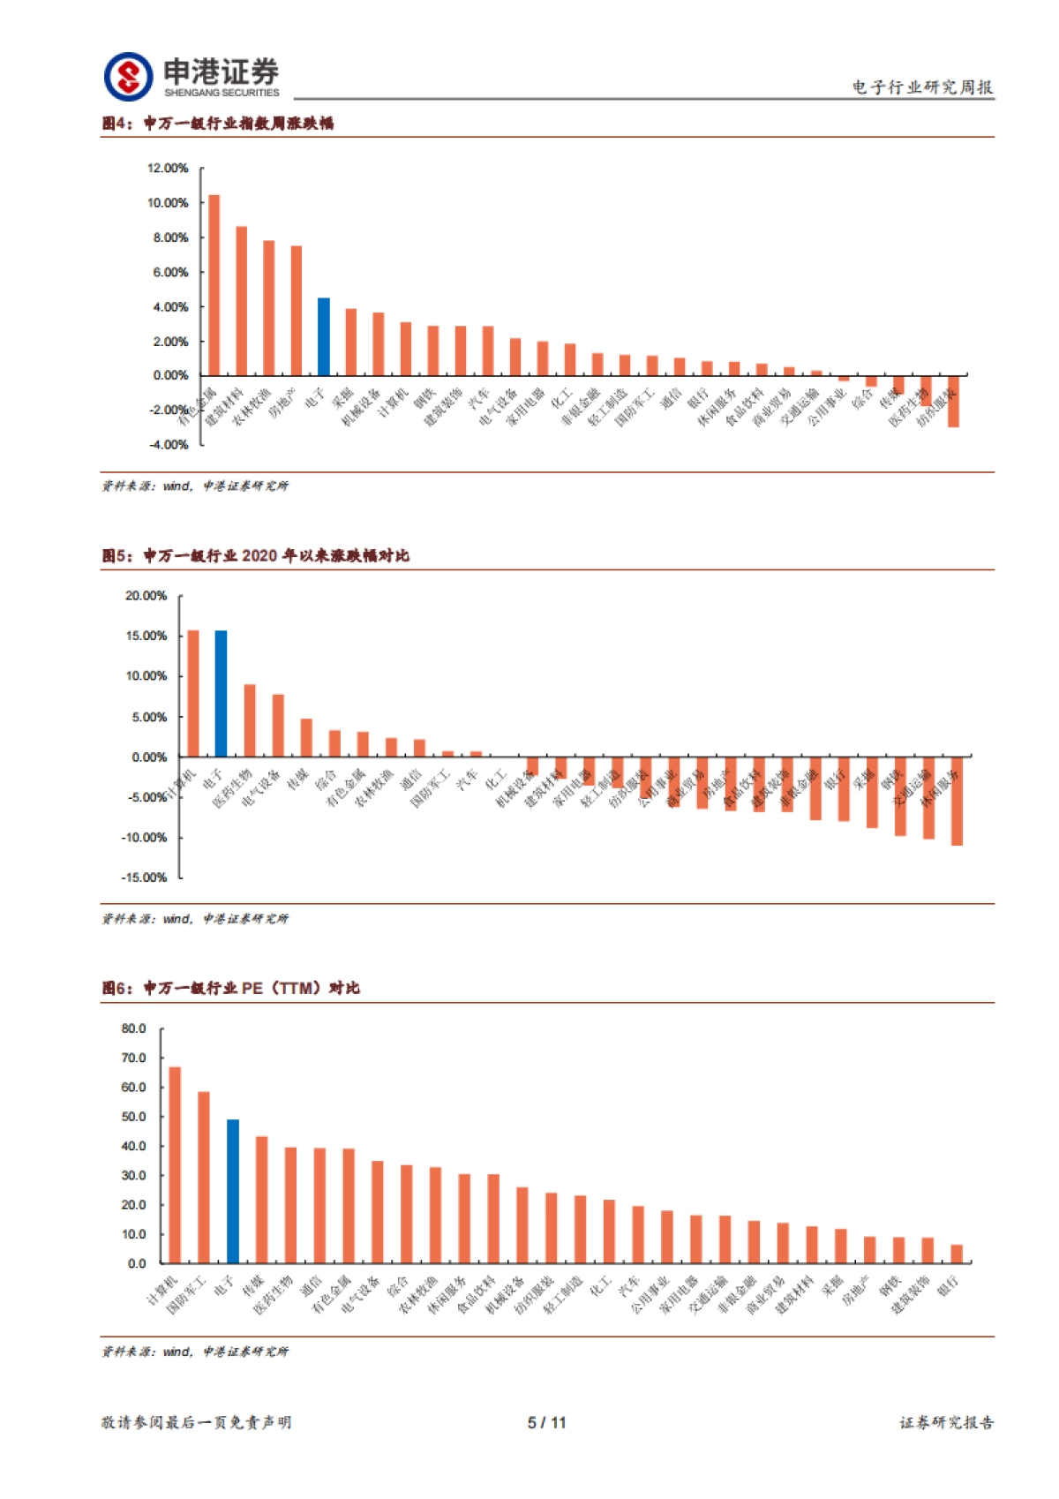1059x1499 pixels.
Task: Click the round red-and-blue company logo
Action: click(x=129, y=77)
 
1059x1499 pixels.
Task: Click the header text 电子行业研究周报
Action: click(x=922, y=87)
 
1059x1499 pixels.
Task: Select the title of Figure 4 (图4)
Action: click(x=218, y=124)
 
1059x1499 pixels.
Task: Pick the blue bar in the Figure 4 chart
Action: click(x=324, y=337)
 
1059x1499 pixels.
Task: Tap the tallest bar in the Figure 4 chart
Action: click(x=214, y=285)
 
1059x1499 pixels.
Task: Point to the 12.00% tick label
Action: click(x=168, y=168)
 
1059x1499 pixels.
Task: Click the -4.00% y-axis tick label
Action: click(x=168, y=444)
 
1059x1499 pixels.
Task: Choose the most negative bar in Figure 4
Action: click(x=953, y=402)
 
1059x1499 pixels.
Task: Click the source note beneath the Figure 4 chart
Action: click(x=195, y=486)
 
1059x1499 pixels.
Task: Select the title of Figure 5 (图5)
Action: click(x=256, y=555)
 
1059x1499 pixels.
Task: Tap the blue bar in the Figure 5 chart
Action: click(x=222, y=694)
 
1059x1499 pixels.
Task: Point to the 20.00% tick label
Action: click(x=146, y=596)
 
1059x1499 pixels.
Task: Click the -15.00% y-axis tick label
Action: click(x=144, y=877)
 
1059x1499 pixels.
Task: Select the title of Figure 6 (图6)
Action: click(x=231, y=988)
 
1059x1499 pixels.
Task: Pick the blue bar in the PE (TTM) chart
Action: click(x=233, y=1191)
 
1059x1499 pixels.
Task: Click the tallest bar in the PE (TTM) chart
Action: click(x=175, y=1164)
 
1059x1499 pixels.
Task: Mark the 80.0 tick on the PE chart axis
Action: click(x=134, y=1028)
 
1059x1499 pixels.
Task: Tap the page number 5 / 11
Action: click(x=547, y=1422)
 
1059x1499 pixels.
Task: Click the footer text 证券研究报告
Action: click(x=946, y=1422)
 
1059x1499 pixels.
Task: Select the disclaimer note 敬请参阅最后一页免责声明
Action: click(x=196, y=1422)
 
